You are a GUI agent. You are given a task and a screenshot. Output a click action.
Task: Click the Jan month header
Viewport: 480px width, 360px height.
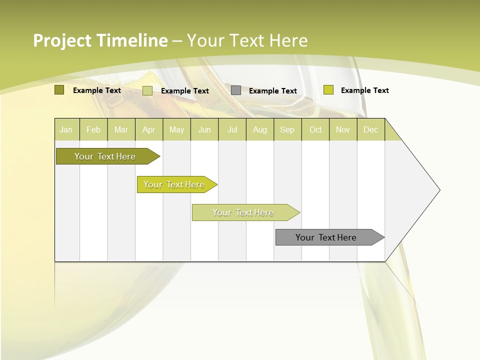point(66,129)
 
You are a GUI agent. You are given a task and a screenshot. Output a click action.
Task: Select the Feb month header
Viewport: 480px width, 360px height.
point(93,129)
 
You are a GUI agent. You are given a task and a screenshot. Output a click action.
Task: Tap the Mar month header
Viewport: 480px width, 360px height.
point(121,129)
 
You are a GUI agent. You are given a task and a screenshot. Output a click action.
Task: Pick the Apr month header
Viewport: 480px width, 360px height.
point(149,129)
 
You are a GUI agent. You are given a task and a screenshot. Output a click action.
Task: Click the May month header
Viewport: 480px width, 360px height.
point(176,129)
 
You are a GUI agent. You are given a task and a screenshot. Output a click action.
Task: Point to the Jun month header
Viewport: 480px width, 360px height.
point(204,129)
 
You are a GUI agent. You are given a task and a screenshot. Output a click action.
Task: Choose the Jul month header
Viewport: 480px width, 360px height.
point(232,129)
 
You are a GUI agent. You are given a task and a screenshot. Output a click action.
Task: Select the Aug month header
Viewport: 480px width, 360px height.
point(260,129)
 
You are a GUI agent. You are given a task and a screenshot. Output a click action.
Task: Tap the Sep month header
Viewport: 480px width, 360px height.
point(287,129)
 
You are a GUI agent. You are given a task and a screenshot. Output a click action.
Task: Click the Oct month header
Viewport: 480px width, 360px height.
point(315,129)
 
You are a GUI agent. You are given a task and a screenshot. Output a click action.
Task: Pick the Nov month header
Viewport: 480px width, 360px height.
point(343,129)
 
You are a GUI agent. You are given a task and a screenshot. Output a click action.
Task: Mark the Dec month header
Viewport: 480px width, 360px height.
point(371,129)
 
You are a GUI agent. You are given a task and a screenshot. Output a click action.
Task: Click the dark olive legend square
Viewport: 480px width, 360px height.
point(59,90)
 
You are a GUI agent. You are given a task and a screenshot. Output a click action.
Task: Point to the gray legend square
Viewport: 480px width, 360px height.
point(236,90)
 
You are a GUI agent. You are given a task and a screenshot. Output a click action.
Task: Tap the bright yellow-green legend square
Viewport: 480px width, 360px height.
point(328,90)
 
